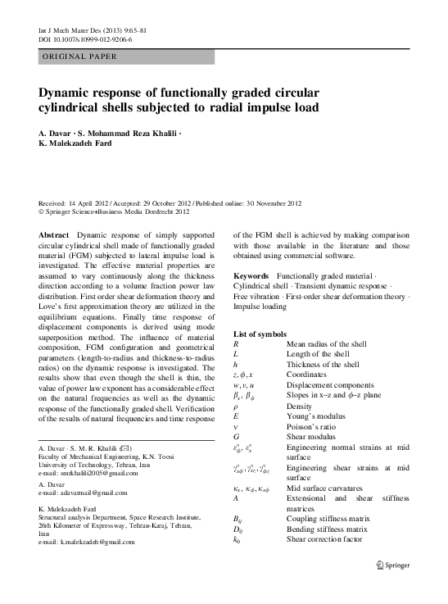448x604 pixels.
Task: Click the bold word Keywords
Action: pyautogui.click(x=253, y=275)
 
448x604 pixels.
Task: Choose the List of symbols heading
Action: pyautogui.click(x=260, y=334)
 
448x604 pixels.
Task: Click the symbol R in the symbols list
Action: pyautogui.click(x=237, y=344)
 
